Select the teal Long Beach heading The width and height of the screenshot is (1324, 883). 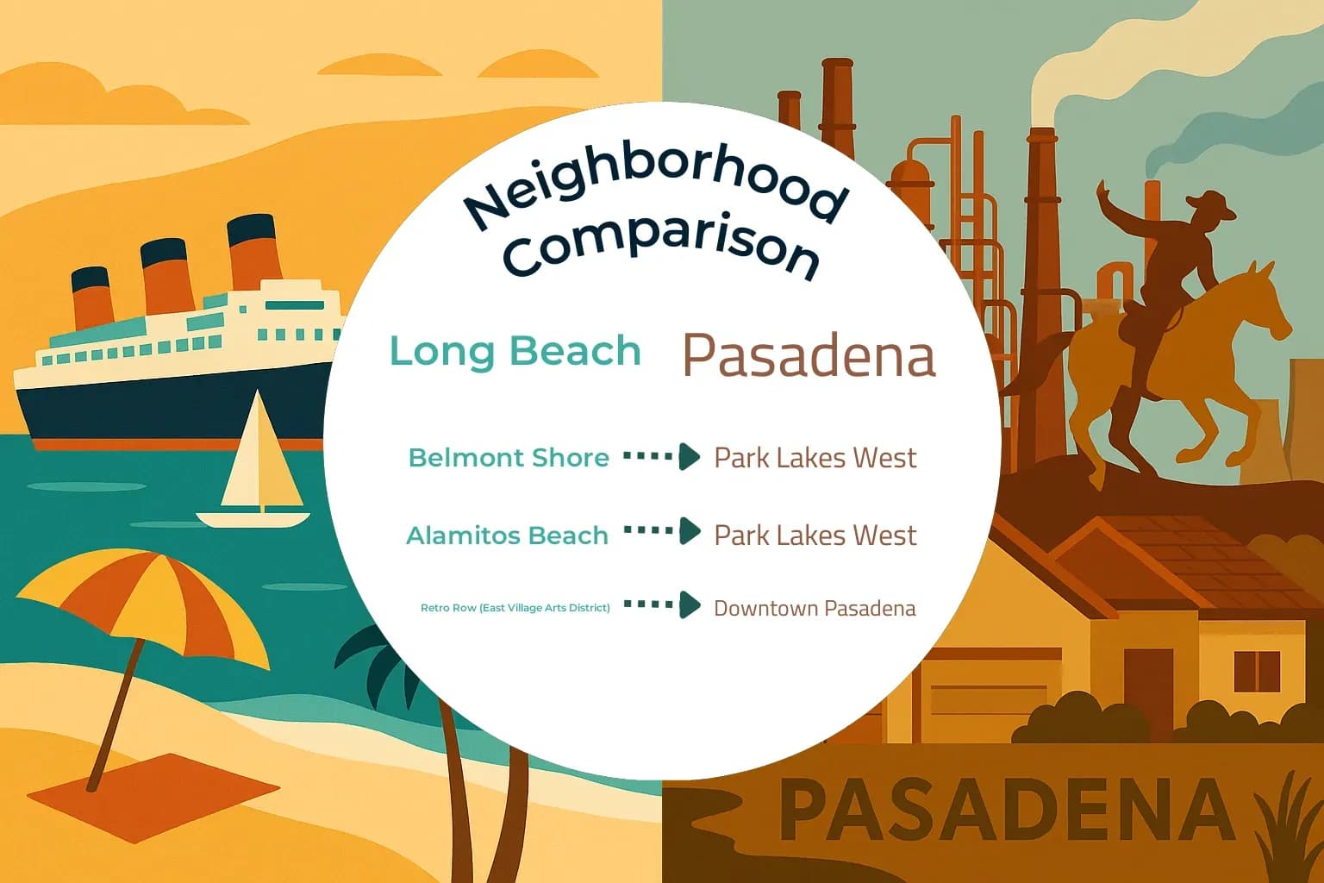coord(515,351)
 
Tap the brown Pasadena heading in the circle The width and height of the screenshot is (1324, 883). coord(808,355)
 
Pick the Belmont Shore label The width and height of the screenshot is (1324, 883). coord(509,457)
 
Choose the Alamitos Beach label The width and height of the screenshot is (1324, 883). coord(507,535)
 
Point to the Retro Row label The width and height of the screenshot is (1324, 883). coord(515,608)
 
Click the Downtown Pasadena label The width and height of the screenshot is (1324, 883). coord(815,608)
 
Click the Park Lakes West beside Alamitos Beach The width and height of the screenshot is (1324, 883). coord(815,535)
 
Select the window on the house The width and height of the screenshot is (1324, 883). coord(1257,672)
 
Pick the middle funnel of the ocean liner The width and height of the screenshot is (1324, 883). coord(166,276)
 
